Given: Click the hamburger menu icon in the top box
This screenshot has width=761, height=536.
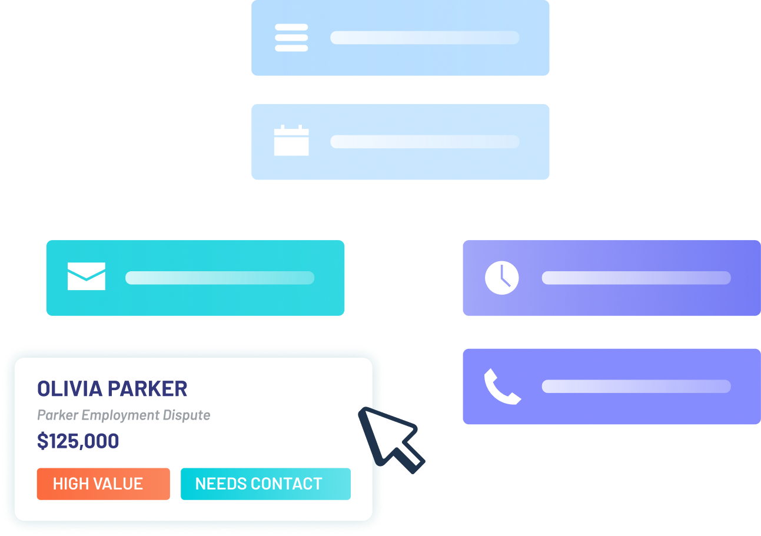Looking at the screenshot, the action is point(291,38).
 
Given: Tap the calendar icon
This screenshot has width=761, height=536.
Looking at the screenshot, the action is point(291,141).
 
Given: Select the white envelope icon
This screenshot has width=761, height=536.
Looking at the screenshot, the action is point(87,277).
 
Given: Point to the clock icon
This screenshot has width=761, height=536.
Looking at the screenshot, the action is point(501,278).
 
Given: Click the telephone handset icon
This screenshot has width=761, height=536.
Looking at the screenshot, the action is point(501,386).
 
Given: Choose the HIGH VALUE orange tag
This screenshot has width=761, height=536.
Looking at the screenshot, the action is point(103,484).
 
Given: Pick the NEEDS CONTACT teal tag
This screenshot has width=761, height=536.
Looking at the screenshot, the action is point(265,484).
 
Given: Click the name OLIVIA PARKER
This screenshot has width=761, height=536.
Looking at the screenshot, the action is point(112,389).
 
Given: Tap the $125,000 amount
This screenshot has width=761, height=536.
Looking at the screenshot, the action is point(78,441).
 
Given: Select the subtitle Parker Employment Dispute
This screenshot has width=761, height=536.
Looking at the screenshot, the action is point(124,415).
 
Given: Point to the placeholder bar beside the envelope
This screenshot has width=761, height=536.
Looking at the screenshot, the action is point(220,278).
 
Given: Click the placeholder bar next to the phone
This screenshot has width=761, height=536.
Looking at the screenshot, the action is point(636,387).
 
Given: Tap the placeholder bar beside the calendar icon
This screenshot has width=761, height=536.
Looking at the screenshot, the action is point(424,142).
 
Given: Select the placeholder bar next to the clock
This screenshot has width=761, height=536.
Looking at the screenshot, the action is point(636,278).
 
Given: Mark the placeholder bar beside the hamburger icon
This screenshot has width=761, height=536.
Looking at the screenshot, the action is point(424,38).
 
